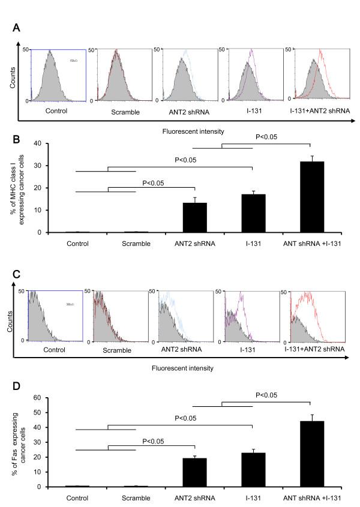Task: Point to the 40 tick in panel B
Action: pos(40,143)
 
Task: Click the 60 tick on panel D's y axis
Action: pos(40,397)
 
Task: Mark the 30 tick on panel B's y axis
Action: pos(40,166)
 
